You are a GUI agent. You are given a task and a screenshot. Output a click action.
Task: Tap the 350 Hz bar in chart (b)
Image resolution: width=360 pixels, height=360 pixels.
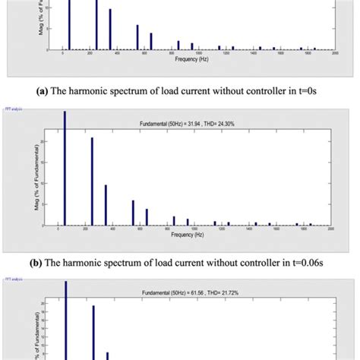click(x=106, y=205)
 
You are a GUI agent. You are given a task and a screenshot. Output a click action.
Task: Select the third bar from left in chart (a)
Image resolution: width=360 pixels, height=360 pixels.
click(x=110, y=30)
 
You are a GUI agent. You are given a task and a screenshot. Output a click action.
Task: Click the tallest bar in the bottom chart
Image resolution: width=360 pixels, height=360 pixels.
click(x=65, y=319)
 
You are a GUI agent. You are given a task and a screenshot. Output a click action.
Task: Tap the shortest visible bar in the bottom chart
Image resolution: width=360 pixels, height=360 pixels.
click(x=107, y=355)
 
